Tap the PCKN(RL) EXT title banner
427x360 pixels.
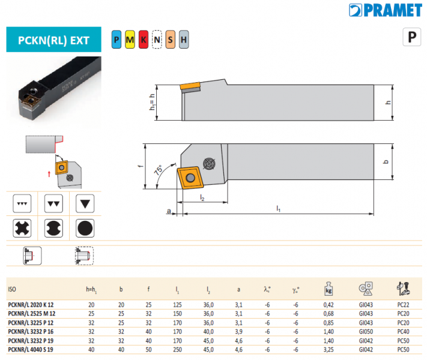pyautogui.click(x=53, y=41)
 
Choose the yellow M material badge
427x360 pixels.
pyautogui.click(x=130, y=40)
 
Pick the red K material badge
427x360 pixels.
pyautogui.click(x=144, y=40)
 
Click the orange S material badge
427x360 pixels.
pyautogui.click(x=171, y=40)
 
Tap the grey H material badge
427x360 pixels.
pyautogui.click(x=184, y=40)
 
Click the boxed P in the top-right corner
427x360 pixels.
pyautogui.click(x=411, y=37)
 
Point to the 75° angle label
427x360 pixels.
pyautogui.click(x=158, y=170)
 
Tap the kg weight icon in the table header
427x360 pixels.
pyautogui.click(x=329, y=288)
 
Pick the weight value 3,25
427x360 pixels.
pyautogui.click(x=329, y=349)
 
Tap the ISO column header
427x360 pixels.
pyautogui.click(x=11, y=289)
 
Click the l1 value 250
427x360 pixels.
pyautogui.click(x=178, y=349)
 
